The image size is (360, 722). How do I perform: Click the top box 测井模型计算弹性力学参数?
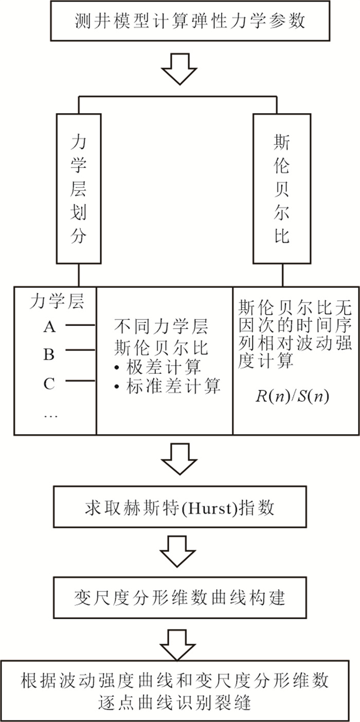click(x=190, y=20)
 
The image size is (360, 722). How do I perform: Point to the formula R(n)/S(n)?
click(x=292, y=396)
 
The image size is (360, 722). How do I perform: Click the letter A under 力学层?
click(x=49, y=327)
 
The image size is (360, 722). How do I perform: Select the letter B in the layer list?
click(x=49, y=354)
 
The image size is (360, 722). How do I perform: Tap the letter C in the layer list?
click(x=49, y=384)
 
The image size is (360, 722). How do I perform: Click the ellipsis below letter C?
click(x=50, y=417)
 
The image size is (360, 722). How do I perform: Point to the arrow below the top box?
click(x=179, y=69)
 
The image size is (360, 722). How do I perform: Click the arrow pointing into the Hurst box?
click(x=179, y=459)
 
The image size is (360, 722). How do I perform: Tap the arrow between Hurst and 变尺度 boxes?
click(x=178, y=551)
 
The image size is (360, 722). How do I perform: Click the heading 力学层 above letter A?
click(x=57, y=302)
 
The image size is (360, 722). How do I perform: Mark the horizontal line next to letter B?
click(x=81, y=350)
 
